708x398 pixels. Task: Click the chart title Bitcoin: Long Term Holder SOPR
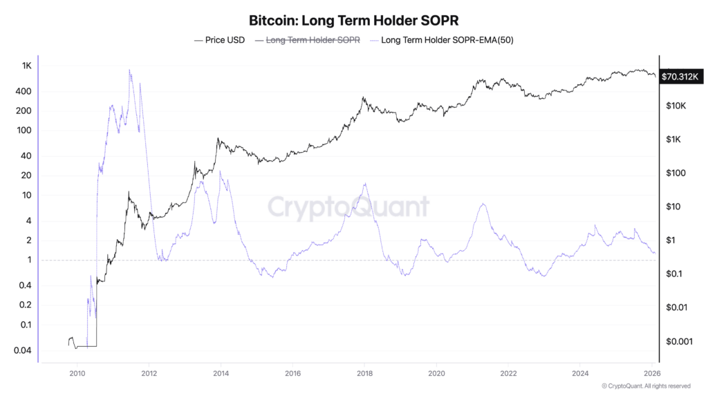[353, 20]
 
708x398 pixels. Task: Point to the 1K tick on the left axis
[26, 66]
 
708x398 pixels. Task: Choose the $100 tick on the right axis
[673, 173]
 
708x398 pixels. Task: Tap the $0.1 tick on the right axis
[673, 274]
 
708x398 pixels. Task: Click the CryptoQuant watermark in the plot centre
[348, 207]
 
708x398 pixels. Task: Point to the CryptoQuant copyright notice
[646, 386]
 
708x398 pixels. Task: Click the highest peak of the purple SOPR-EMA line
[129, 70]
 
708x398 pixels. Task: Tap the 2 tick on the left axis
[28, 240]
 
